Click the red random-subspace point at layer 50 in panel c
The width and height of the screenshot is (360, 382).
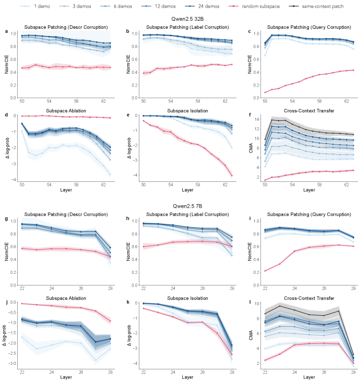coord(265,92)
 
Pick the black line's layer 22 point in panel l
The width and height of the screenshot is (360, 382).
coord(265,313)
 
